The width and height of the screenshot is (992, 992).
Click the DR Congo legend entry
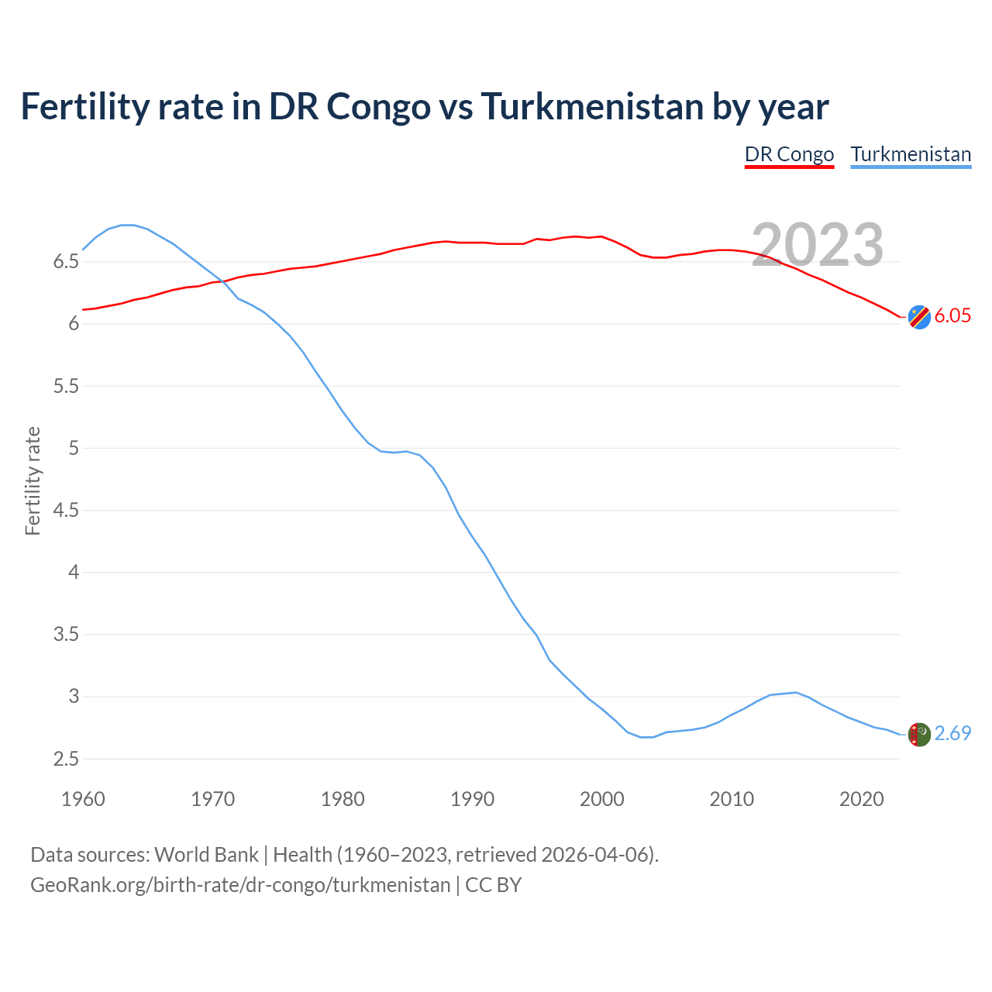pos(789,154)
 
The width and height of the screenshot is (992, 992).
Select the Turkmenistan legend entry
pos(911,154)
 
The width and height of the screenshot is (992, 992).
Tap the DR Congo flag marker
pos(919,316)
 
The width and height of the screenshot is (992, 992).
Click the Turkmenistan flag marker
pos(919,734)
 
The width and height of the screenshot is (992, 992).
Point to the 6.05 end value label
pos(952,315)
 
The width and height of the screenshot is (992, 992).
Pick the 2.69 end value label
pos(952,733)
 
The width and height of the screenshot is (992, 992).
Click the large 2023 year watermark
pos(818,245)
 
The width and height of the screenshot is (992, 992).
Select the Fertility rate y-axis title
pos(33,480)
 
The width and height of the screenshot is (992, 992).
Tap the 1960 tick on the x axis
pos(83,799)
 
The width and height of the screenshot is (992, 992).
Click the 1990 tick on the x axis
pos(472,799)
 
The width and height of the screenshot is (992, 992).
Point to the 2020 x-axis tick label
pos(861,799)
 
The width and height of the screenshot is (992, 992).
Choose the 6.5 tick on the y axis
pos(66,262)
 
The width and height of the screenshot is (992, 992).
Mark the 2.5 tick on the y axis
pos(66,759)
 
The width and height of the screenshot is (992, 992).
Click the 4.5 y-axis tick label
pos(66,511)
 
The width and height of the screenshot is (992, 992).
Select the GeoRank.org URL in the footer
pos(240,884)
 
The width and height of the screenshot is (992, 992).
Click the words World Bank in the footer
pos(206,854)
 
